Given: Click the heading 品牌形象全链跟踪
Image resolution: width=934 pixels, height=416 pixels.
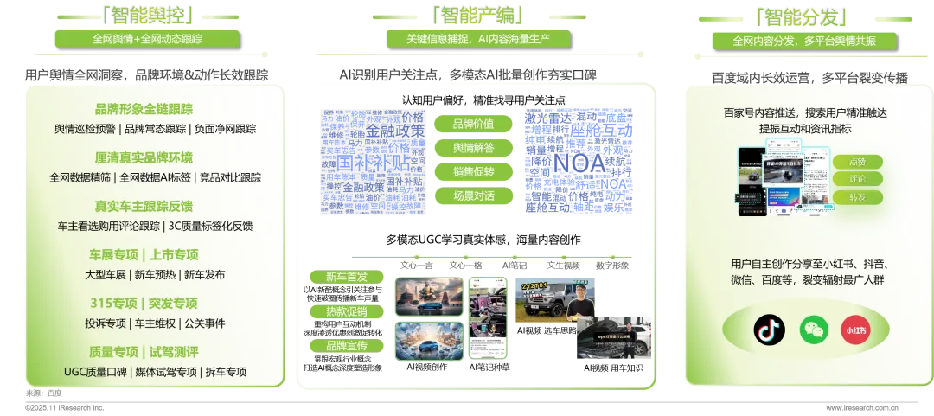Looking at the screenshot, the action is pyautogui.click(x=144, y=109).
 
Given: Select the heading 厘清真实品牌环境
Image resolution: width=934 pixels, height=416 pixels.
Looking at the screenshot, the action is pyautogui.click(x=144, y=157).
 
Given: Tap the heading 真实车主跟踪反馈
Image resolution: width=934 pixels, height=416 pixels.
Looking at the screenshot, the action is pyautogui.click(x=144, y=206).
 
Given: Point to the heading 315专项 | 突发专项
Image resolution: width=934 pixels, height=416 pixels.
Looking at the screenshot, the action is pyautogui.click(x=144, y=303).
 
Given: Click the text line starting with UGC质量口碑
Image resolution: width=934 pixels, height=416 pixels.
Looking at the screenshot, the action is pyautogui.click(x=155, y=372).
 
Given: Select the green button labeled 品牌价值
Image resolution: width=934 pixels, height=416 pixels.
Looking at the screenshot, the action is pyautogui.click(x=473, y=124).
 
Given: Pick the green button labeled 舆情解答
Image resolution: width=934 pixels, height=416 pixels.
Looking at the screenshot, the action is pyautogui.click(x=473, y=148).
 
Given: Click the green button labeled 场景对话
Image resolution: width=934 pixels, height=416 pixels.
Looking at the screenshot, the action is pyautogui.click(x=473, y=196).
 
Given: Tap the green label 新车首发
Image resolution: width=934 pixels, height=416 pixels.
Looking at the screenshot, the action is pyautogui.click(x=346, y=277).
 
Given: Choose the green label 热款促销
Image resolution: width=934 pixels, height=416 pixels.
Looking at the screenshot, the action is pyautogui.click(x=346, y=311).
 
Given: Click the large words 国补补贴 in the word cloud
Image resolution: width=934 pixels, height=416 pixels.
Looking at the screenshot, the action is pyautogui.click(x=374, y=162).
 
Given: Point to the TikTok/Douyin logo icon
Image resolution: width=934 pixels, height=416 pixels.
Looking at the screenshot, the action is pyautogui.click(x=769, y=329).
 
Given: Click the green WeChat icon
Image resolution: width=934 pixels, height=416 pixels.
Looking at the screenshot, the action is pyautogui.click(x=814, y=329).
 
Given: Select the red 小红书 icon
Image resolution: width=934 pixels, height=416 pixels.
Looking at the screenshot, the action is pyautogui.click(x=856, y=330).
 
